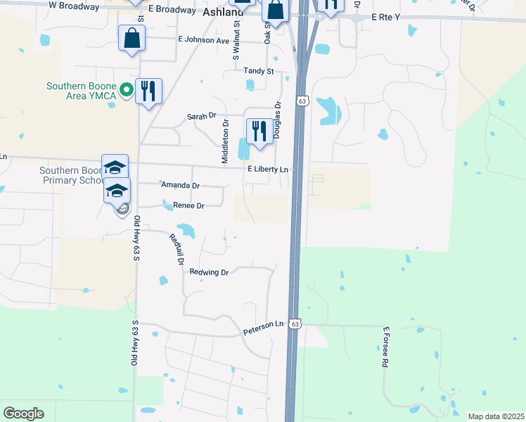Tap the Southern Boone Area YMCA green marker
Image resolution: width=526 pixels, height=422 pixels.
(126, 89)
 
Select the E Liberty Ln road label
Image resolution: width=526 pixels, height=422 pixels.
(268, 170)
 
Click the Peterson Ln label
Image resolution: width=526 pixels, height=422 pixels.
(263, 324)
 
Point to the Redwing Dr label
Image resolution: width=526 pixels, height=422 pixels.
(210, 272)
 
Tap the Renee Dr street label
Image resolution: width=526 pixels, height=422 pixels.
(188, 206)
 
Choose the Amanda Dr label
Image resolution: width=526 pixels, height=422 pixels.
(181, 185)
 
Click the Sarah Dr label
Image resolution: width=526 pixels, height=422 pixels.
(201, 116)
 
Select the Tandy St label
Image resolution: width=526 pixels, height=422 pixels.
(258, 71)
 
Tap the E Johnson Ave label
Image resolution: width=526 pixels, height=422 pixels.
(204, 40)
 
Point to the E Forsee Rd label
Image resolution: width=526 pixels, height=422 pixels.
(385, 347)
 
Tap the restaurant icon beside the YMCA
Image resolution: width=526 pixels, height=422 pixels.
(148, 91)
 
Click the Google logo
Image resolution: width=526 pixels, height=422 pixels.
(23, 414)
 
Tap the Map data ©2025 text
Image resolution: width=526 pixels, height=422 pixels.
(495, 416)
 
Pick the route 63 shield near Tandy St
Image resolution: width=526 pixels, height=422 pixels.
(302, 101)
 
